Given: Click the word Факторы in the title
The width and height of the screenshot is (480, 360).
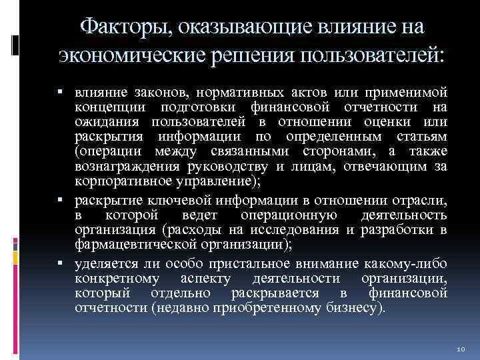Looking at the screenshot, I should pos(124,27).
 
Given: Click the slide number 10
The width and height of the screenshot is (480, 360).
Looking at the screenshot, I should pos(460,348).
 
